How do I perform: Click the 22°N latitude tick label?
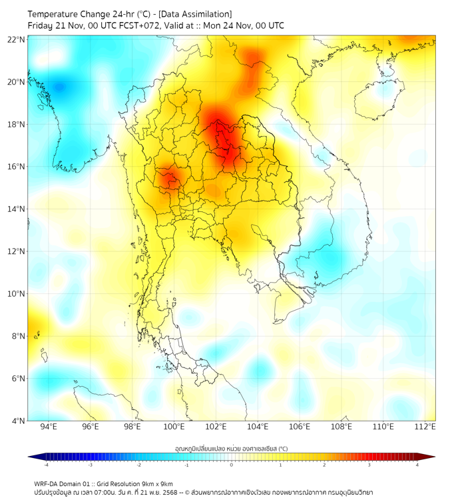17,39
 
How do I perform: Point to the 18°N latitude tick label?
17,124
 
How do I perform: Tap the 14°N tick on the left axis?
17,209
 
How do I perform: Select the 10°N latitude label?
17,293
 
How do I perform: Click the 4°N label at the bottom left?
18,421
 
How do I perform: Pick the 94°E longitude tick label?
48,427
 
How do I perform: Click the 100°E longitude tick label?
174,427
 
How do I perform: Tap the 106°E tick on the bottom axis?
300,427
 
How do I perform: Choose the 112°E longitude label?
425,427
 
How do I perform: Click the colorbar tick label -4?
45,465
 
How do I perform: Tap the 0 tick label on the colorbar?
232,465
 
